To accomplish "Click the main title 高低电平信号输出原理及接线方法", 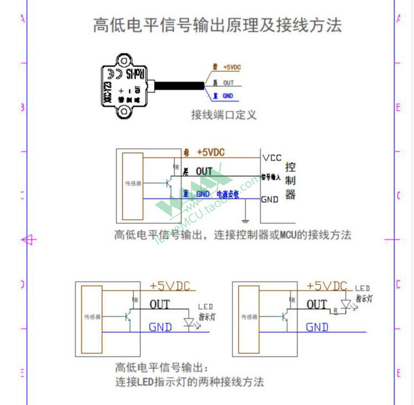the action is (x=217, y=25).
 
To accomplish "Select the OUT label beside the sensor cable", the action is (x=228, y=83).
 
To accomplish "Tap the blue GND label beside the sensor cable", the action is (x=227, y=96).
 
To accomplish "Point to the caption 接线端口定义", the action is (x=224, y=115).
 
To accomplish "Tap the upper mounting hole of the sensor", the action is (x=124, y=62).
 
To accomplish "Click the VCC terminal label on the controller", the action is (x=272, y=158).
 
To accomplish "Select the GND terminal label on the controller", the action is (x=270, y=199).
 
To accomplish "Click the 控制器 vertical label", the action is (x=290, y=181).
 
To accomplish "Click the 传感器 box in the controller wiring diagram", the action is (x=133, y=185).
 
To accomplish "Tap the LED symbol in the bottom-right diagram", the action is (x=347, y=304).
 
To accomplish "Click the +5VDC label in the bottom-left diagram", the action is (x=169, y=285).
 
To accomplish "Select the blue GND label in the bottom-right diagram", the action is (x=317, y=327).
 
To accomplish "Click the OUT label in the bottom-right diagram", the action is (x=316, y=304).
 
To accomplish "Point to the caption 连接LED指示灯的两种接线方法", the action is (x=189, y=381).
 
